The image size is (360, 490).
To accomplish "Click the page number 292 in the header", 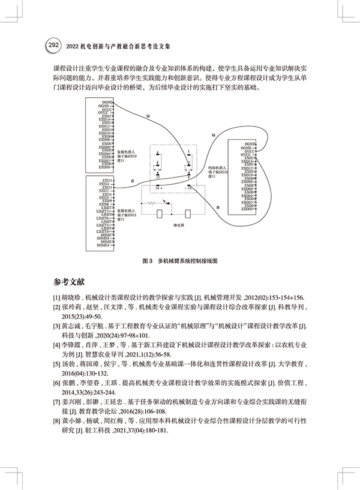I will coord(52,45).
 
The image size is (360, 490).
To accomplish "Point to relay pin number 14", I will coord(160,188).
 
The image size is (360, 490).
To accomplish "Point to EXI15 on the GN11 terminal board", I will coord(107,179).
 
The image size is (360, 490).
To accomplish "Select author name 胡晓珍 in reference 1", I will coord(71,297).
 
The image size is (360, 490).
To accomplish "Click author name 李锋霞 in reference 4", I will coord(73,346).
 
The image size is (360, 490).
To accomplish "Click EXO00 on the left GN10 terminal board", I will coord(106,167).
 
